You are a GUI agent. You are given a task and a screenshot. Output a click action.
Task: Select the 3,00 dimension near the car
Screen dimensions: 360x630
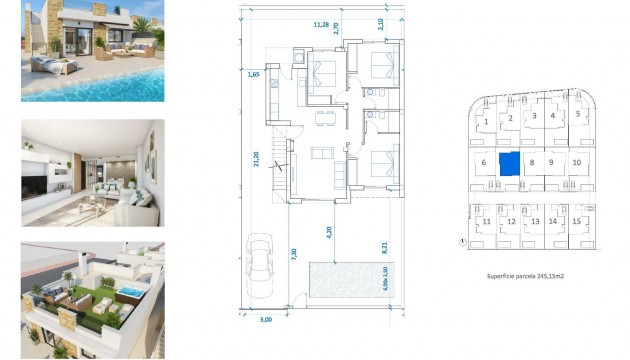pyautogui.click(x=265, y=320)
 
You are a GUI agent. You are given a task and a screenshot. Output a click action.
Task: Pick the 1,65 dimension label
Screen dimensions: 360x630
pyautogui.click(x=253, y=73)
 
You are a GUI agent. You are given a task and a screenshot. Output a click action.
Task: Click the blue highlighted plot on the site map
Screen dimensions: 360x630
pyautogui.click(x=510, y=163)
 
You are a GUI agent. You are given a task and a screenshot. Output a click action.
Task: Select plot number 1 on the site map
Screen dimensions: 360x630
pyautogui.click(x=486, y=122)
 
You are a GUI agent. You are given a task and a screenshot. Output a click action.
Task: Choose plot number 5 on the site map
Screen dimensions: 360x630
pyautogui.click(x=578, y=114)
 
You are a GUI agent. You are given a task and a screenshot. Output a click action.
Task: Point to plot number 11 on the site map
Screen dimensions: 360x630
pyautogui.click(x=487, y=221)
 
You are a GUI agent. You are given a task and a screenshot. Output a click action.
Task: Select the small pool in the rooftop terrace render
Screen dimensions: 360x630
pyautogui.click(x=131, y=290)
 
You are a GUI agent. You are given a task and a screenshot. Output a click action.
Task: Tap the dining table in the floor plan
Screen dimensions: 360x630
pyautogui.click(x=320, y=119)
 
